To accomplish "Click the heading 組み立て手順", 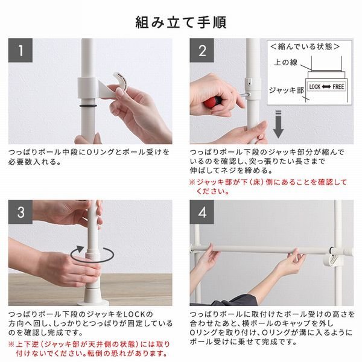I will (180, 22).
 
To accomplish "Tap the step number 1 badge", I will (21, 51).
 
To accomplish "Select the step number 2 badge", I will (202, 51).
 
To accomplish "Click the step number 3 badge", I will (21, 213).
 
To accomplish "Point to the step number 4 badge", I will (202, 213).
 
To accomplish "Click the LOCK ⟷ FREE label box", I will (326, 86).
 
